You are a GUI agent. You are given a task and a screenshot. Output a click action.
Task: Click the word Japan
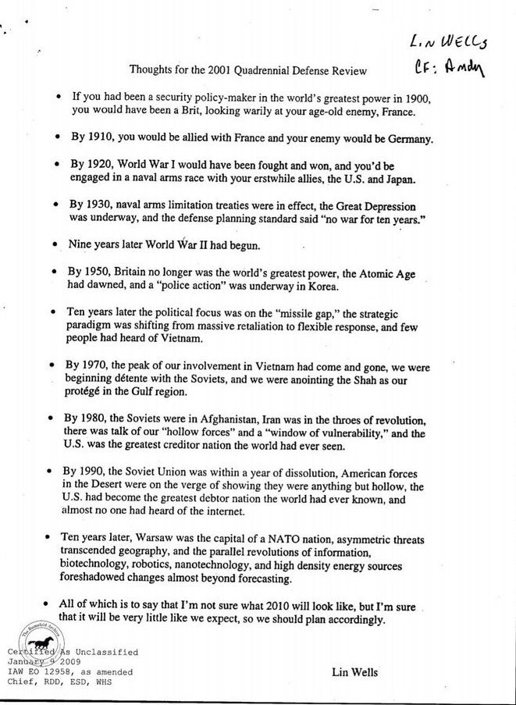[396, 179]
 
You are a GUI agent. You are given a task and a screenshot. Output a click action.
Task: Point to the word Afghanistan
[226, 419]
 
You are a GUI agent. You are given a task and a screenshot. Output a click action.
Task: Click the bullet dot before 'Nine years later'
[53, 244]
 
